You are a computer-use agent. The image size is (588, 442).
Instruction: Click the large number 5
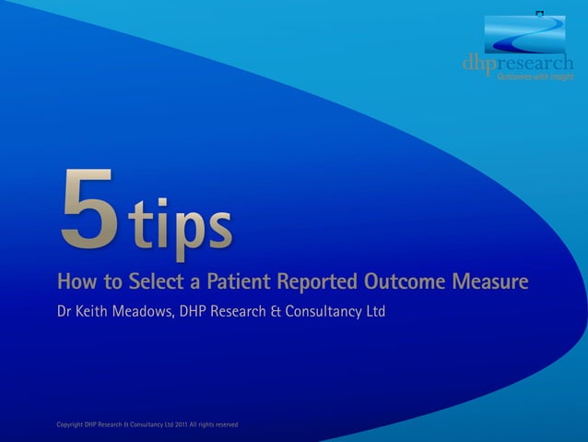(88, 209)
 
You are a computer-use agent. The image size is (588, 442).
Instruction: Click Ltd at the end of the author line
(373, 313)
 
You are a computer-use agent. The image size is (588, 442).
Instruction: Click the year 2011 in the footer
(181, 424)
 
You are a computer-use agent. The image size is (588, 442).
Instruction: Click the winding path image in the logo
(524, 34)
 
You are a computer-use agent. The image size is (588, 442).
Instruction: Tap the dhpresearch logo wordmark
(517, 63)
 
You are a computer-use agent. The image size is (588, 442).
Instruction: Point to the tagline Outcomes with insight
(535, 77)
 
